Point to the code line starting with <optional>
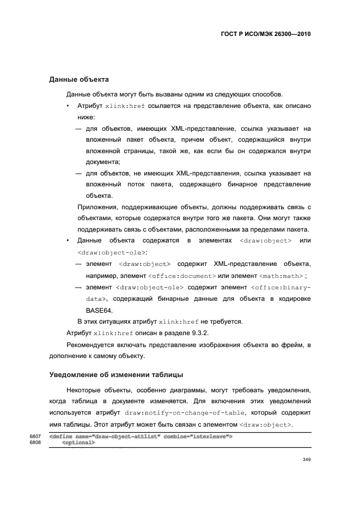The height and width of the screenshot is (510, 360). pos(79,442)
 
